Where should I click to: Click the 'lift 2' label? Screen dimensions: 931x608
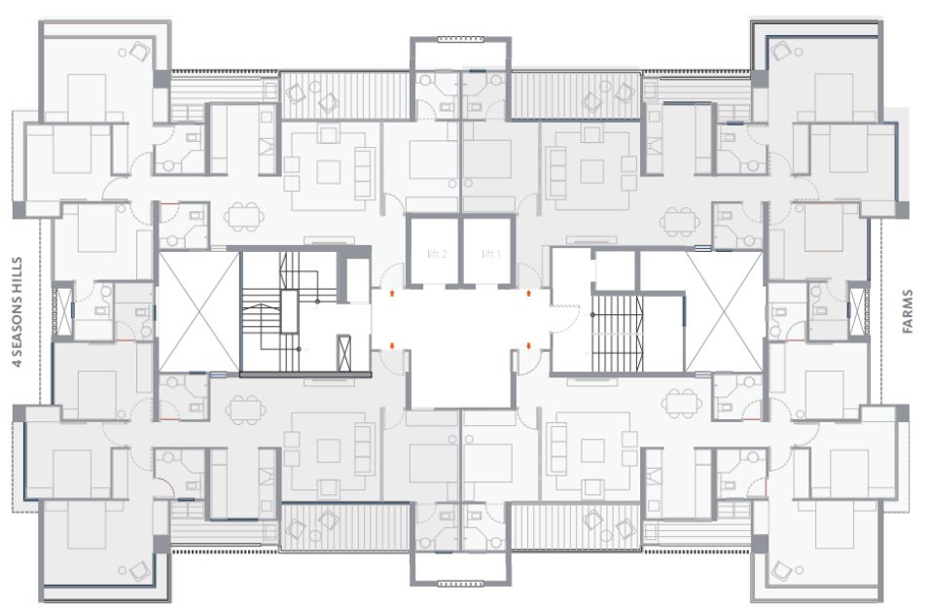[x=437, y=254]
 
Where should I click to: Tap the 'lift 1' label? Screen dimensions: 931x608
[x=491, y=254]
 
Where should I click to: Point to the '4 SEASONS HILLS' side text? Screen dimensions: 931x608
[x=18, y=312]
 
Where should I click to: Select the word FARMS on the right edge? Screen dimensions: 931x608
[x=907, y=311]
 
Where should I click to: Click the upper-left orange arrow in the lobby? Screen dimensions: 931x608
[x=392, y=293]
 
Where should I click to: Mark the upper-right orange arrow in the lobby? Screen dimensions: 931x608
[x=528, y=293]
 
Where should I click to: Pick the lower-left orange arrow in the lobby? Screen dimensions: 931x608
[x=392, y=345]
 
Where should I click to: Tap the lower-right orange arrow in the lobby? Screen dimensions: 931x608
[x=528, y=345]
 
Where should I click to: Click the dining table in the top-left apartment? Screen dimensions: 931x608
[x=244, y=217]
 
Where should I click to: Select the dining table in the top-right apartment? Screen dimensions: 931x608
[x=680, y=222]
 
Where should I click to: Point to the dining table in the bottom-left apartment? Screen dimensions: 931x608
[x=244, y=408]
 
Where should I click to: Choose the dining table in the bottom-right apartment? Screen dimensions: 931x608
[x=682, y=403]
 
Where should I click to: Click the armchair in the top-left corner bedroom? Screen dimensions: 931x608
[x=139, y=51]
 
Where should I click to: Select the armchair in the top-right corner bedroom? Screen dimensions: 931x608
[x=780, y=51]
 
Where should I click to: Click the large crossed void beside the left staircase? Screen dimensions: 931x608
[x=198, y=312]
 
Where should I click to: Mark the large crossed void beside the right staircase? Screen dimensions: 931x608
[x=725, y=312]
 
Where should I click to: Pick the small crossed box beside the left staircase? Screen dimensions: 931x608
[x=343, y=353]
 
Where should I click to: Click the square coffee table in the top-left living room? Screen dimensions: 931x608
[x=329, y=171]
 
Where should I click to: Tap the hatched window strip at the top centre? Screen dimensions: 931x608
[x=460, y=39]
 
